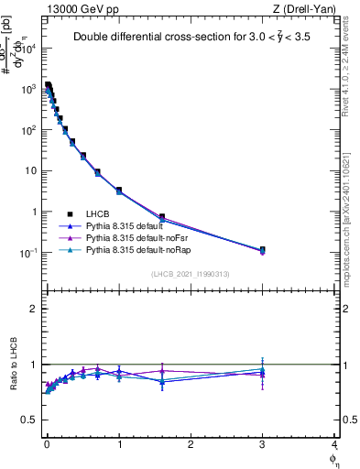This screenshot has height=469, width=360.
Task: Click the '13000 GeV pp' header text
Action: (x=77, y=8)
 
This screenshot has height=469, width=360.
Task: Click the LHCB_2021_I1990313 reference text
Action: (x=191, y=274)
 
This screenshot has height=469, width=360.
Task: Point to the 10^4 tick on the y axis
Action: (x=30, y=49)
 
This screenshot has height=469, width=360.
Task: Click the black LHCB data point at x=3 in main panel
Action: (x=262, y=249)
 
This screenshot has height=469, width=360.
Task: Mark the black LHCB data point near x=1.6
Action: (x=162, y=217)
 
